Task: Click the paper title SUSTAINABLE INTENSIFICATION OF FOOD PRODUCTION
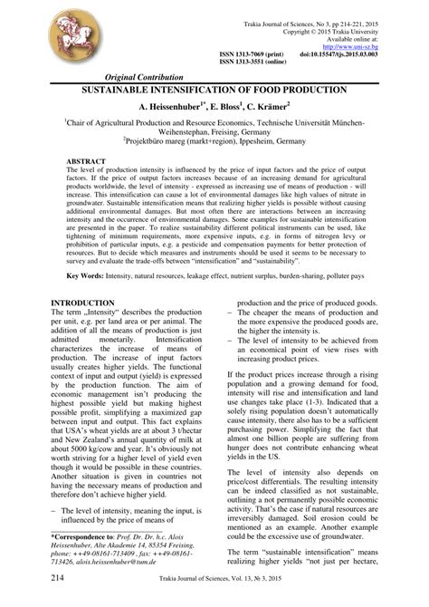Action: click(x=214, y=92)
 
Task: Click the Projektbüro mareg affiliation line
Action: click(x=214, y=141)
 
